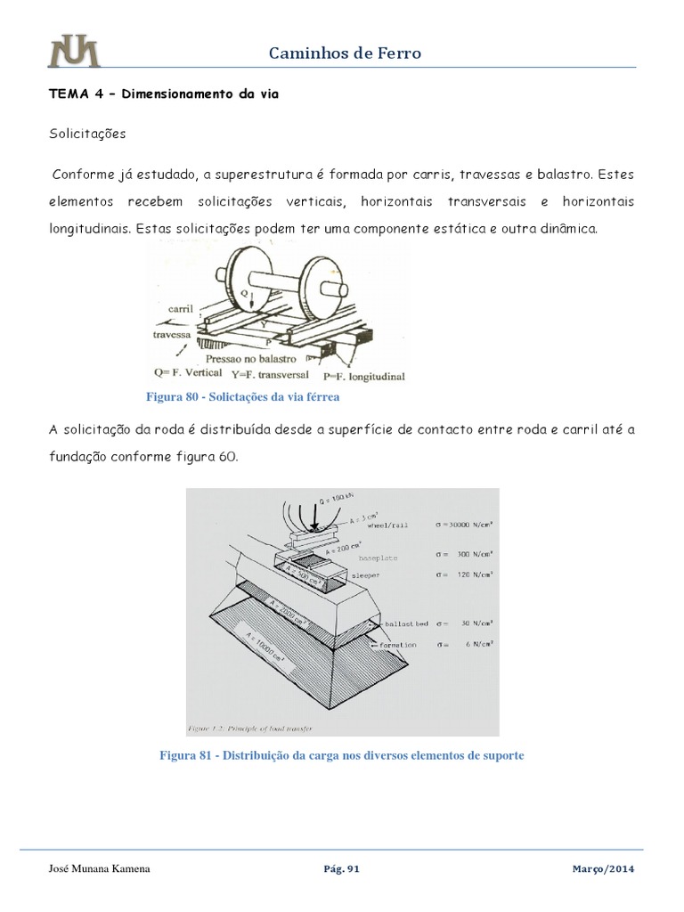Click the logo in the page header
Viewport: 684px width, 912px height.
coord(74,52)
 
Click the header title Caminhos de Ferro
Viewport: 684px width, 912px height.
coord(345,53)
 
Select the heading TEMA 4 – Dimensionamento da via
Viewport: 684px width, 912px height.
coord(163,95)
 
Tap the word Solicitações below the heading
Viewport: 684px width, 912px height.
coord(87,134)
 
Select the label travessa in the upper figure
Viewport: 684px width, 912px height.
coord(173,336)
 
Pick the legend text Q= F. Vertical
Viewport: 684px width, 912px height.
coord(191,372)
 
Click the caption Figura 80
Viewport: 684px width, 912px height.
coord(236,395)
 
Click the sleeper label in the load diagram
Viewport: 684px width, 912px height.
coord(367,576)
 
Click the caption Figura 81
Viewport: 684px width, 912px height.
coord(341,755)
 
